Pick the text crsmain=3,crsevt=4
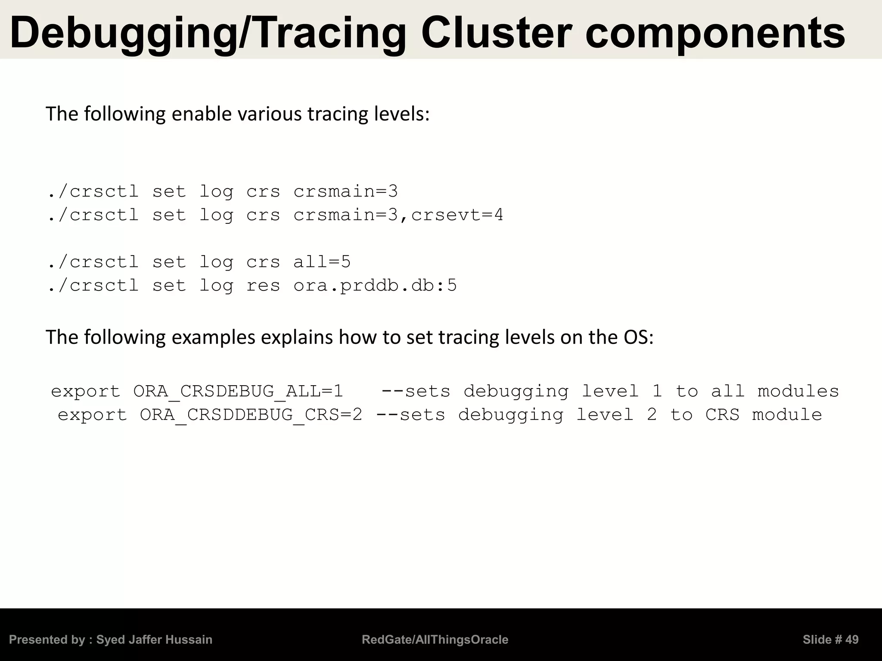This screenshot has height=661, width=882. (398, 215)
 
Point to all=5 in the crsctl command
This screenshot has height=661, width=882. (322, 262)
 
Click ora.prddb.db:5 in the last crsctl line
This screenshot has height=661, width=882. (375, 285)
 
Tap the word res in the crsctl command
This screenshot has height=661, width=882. (263, 285)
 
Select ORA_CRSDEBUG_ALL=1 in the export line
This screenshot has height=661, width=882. (238, 391)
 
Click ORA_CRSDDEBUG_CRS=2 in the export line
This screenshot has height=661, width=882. (251, 415)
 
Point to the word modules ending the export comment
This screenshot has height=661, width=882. (798, 391)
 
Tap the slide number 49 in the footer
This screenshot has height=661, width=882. (851, 639)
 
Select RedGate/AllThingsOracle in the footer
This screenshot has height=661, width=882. (435, 639)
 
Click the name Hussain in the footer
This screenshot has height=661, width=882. (190, 639)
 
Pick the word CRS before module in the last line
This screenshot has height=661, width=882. (722, 415)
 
